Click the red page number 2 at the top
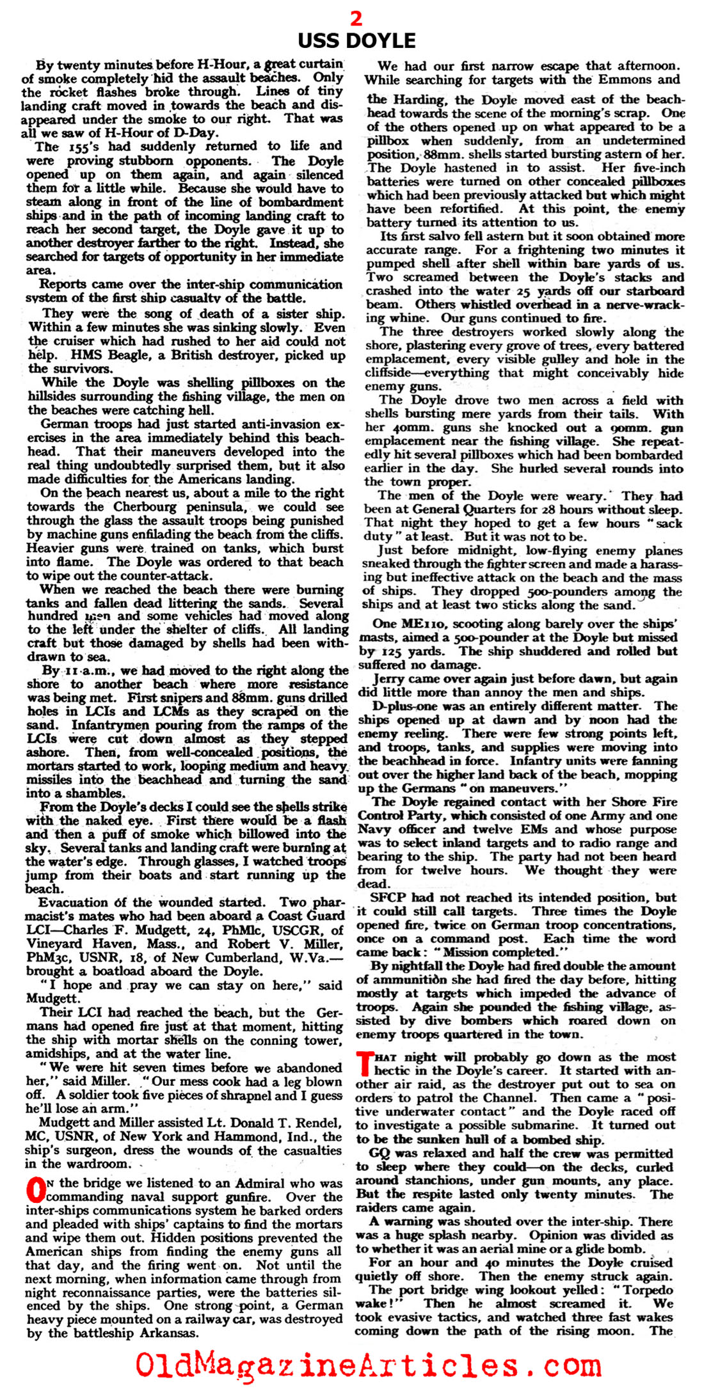pyautogui.click(x=356, y=19)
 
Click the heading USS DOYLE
pyautogui.click(x=356, y=41)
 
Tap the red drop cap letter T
pyautogui.click(x=365, y=1063)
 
